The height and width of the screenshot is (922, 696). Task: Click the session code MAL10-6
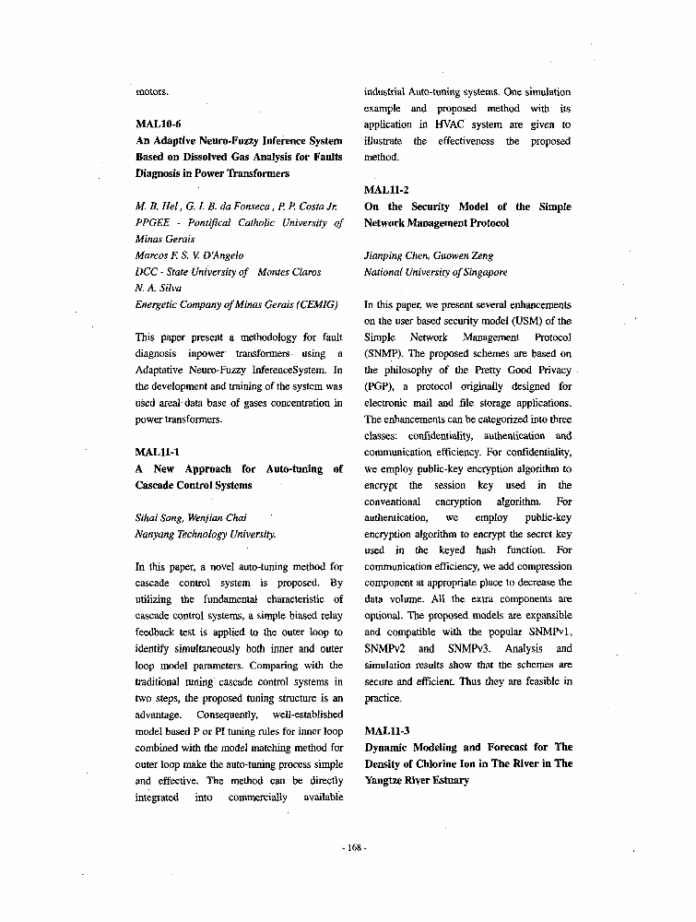[x=159, y=124]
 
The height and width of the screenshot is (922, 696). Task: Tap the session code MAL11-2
[x=387, y=191]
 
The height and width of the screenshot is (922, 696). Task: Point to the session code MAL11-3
[x=387, y=731]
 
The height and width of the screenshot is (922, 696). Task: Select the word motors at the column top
[x=152, y=91]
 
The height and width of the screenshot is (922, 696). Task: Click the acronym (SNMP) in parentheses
[x=383, y=353]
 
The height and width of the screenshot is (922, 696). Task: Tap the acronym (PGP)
[x=380, y=386]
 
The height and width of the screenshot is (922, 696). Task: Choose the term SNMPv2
[x=385, y=649]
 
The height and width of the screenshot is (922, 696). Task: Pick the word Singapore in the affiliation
[x=485, y=272]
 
